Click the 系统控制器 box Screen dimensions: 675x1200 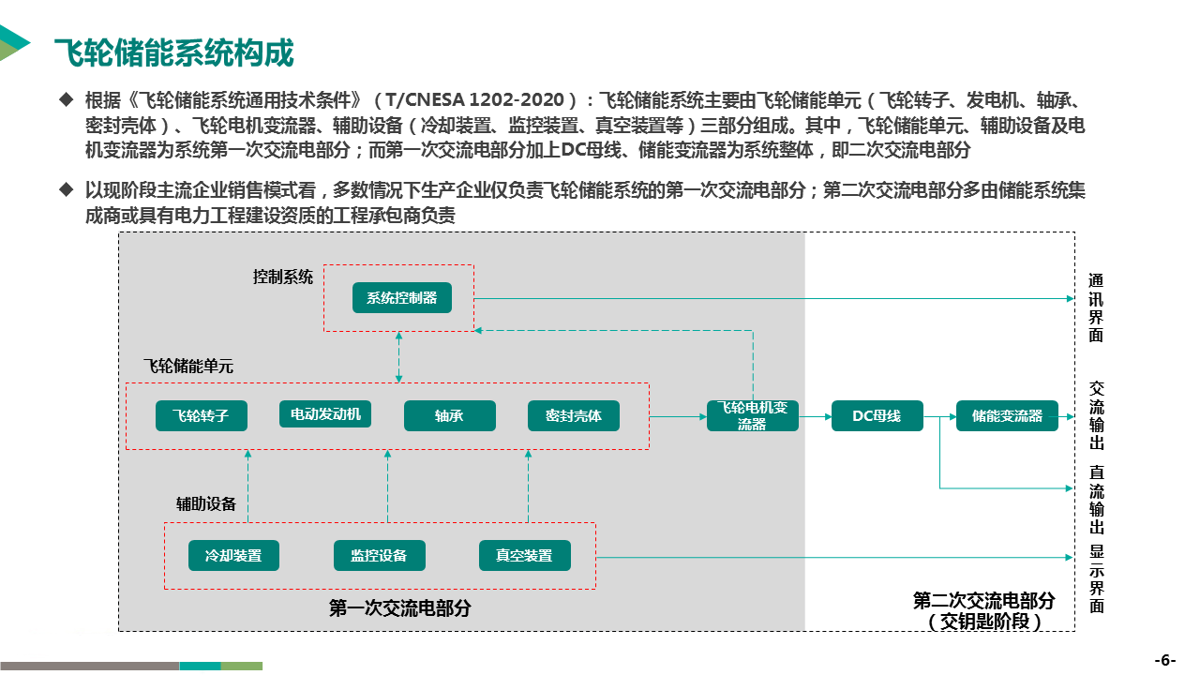coord(401,298)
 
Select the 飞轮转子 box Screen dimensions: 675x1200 coord(201,415)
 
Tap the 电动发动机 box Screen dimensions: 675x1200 coord(324,414)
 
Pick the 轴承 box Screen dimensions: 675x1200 coord(449,415)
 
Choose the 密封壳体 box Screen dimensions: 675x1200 coord(573,415)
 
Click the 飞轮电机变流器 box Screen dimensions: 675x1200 coord(752,415)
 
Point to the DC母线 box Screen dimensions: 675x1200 coord(877,415)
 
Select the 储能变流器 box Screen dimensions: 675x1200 coord(1007,415)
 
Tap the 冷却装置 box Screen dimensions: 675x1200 coord(233,555)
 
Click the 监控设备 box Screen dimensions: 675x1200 coord(379,555)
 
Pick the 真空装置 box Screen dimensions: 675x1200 coord(524,555)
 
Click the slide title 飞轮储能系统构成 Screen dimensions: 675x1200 coord(173,53)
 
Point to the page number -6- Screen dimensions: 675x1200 coord(1164,659)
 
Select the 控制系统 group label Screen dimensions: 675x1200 coord(283,277)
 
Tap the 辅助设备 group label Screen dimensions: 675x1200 coord(206,503)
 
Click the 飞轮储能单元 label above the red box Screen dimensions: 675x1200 coord(187,366)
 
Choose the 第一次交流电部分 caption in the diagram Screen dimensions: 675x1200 coord(399,608)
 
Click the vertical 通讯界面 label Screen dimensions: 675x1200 coord(1096,307)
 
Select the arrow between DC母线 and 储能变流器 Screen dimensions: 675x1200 coord(939,415)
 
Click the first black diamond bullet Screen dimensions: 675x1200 coord(66,98)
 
